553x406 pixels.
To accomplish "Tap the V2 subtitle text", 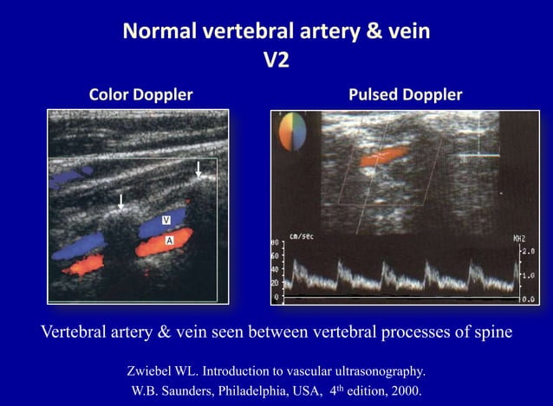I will click(276, 62).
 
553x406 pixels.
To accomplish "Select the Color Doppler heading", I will click(141, 93).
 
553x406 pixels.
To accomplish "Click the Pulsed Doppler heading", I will click(405, 93).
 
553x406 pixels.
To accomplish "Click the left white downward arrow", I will click(121, 203).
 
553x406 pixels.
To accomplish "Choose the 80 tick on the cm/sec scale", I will click(275, 243).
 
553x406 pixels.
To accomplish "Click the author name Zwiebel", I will click(151, 371).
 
